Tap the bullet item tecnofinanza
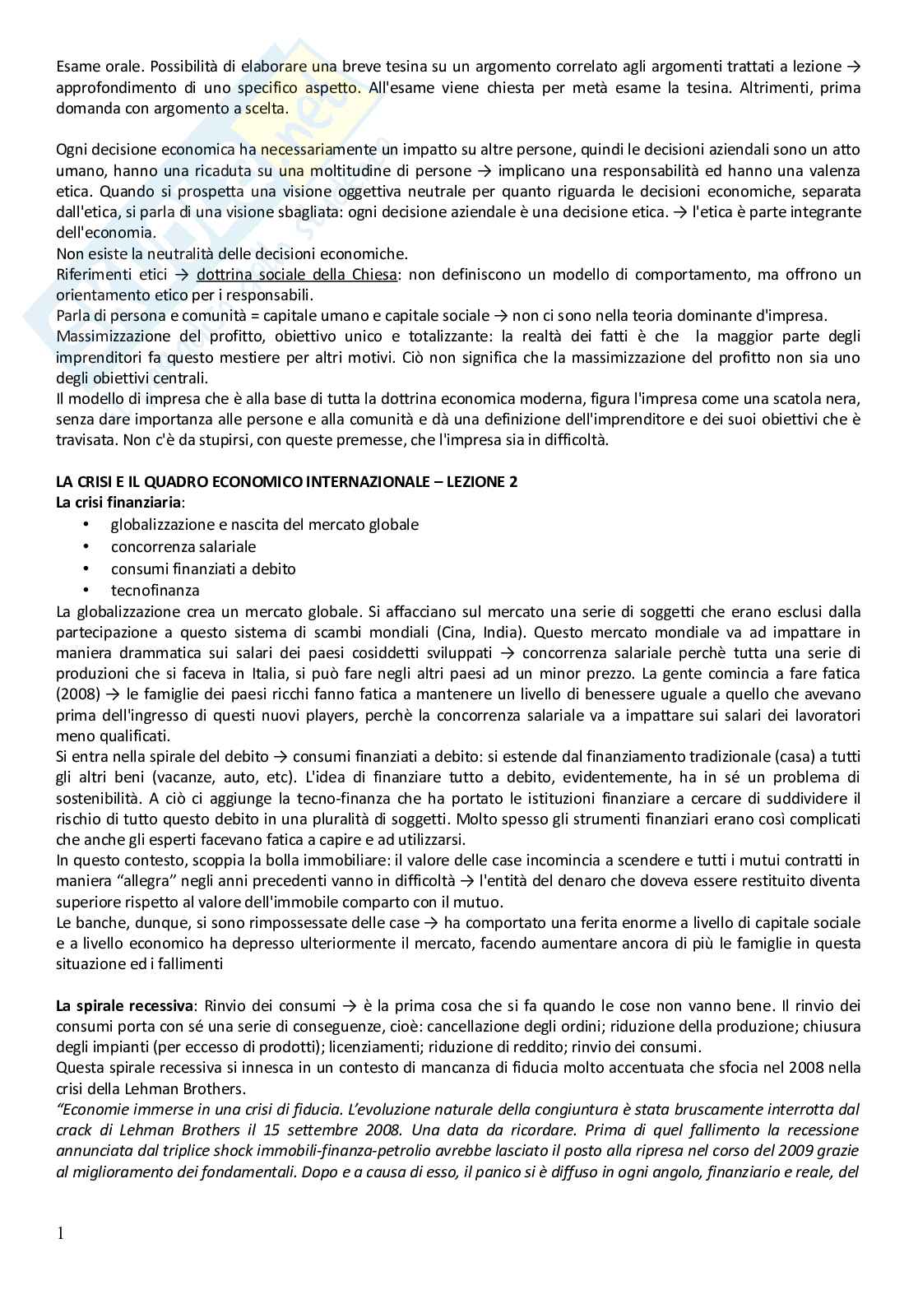coord(155,590)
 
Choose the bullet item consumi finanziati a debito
coord(203,568)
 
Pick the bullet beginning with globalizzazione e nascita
coord(264,525)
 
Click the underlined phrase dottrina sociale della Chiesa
coord(297,275)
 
